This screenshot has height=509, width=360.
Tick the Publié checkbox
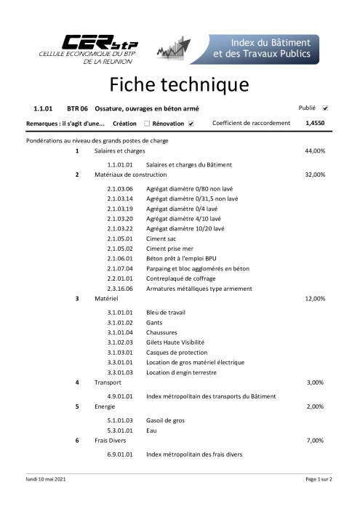point(325,108)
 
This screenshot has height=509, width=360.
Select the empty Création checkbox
point(147,124)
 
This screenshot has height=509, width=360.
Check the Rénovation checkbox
point(191,124)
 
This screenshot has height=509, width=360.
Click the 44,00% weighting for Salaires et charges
point(315,151)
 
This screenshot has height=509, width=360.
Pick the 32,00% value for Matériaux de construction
point(315,175)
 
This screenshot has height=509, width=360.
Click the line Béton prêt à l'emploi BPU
point(181,258)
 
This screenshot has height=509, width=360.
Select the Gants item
point(154,322)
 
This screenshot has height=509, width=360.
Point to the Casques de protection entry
point(177,352)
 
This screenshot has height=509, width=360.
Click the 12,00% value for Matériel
point(315,298)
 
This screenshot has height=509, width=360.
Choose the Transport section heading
point(108,382)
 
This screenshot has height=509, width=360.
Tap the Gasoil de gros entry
point(165,420)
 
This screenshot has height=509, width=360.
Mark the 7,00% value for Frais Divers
point(316,441)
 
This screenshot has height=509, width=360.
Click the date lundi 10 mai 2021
point(46,479)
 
